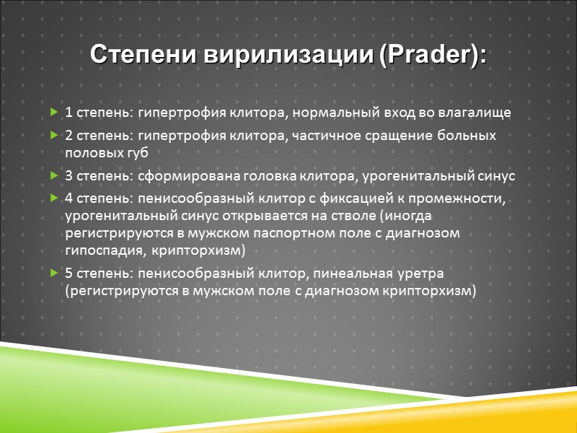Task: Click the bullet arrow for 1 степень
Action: (55, 113)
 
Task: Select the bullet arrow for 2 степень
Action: (55, 136)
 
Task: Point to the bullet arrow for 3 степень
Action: (55, 175)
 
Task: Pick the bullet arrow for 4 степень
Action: (55, 198)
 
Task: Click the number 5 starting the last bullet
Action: (69, 274)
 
